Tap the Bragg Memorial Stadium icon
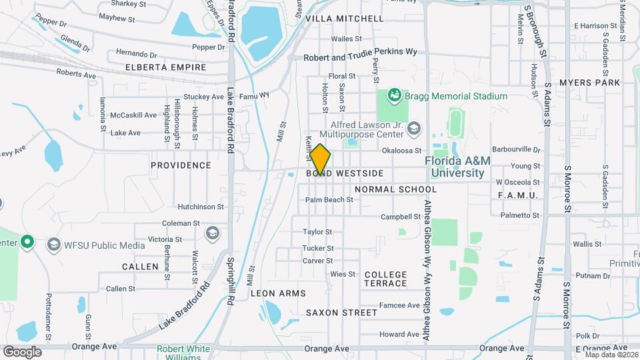click(393, 96)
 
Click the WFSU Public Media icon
click(53, 245)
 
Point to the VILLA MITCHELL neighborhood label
click(345, 19)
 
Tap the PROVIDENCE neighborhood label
click(181, 165)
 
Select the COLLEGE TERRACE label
click(385, 279)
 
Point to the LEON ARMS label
click(278, 293)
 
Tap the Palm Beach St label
click(329, 199)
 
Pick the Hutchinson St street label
click(201, 207)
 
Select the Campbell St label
click(401, 217)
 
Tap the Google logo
click(22, 352)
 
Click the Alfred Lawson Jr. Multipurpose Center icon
click(414, 128)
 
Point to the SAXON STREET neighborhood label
click(341, 312)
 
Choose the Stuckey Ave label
click(203, 97)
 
